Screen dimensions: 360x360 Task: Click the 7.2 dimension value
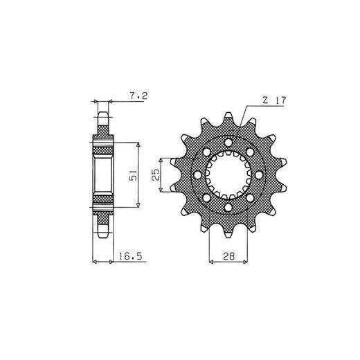point(138,96)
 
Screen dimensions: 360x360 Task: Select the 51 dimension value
point(133,175)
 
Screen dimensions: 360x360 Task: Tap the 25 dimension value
point(155,174)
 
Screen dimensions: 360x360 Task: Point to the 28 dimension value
point(228,256)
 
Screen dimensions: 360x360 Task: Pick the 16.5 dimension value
point(130,256)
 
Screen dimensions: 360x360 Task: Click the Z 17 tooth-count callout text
point(274,100)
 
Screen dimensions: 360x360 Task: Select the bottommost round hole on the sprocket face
point(228,208)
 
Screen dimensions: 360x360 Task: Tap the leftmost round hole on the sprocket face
point(197,175)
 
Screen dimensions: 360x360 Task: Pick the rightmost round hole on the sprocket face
point(259,175)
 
